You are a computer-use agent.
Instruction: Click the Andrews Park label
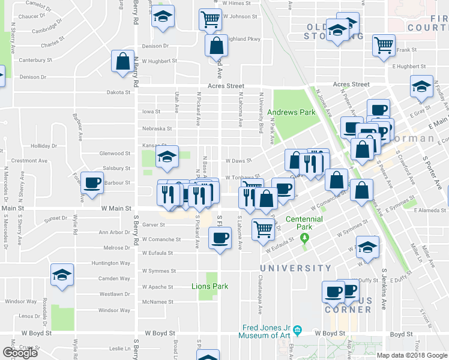point(291,112)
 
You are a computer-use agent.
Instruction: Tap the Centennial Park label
point(304,219)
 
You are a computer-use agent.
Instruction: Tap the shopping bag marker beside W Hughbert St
point(122,61)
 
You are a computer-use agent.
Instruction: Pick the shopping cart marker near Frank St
point(384,44)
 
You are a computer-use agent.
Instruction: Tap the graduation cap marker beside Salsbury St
point(166,157)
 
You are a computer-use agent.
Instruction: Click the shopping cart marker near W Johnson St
point(210,19)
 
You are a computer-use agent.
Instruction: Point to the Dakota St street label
point(118,92)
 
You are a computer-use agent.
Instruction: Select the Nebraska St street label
point(157,128)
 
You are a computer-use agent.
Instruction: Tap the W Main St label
point(116,209)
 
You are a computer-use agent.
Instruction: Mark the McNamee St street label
point(158,302)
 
